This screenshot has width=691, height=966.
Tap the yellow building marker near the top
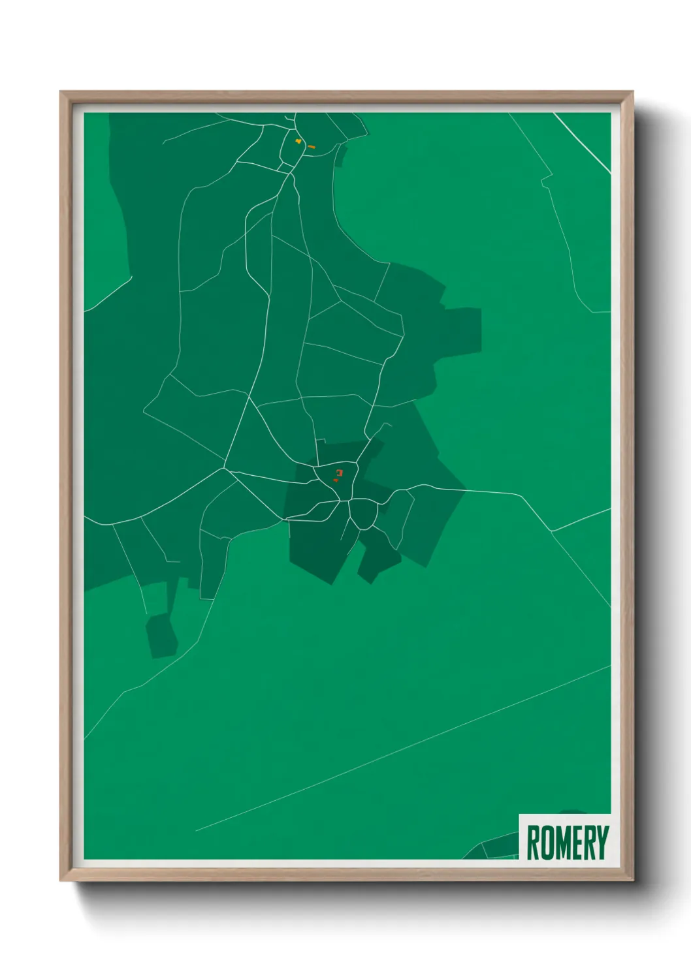click(x=298, y=140)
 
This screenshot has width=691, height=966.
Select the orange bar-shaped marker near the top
click(x=312, y=147)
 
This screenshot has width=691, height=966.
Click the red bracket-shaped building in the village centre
click(x=338, y=472)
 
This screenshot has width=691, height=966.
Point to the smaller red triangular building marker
click(x=335, y=480)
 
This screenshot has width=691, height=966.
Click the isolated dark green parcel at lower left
click(x=161, y=634)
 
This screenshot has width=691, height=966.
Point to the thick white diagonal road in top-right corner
click(x=583, y=142)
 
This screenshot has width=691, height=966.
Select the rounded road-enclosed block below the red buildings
click(x=363, y=514)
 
